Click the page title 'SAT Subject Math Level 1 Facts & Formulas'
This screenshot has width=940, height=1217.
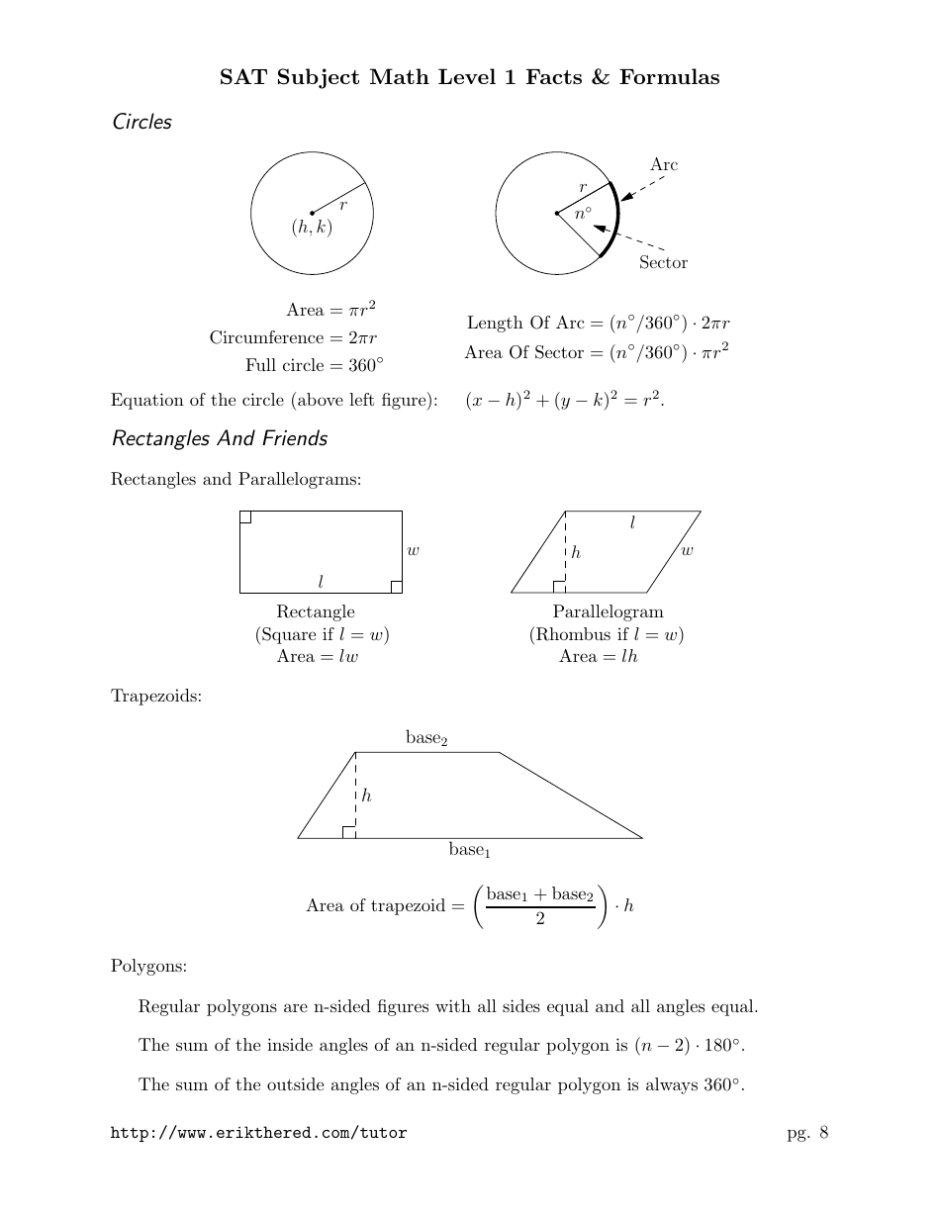469,77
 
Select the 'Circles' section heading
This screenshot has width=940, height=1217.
141,123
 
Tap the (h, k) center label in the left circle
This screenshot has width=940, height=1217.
311,228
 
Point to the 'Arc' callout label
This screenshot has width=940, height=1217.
664,164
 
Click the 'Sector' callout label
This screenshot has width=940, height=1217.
663,262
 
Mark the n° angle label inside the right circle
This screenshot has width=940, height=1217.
583,212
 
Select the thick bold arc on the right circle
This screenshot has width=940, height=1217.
617,218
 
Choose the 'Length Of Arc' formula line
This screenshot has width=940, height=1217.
598,323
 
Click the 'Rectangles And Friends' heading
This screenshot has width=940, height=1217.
219,437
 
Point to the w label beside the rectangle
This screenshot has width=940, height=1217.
414,550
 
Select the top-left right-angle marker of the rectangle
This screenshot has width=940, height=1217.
245,516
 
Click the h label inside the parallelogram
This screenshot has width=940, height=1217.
576,552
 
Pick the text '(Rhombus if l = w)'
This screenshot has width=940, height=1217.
607,634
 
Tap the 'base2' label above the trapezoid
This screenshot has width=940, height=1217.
426,738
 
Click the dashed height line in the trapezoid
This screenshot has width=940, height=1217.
355,792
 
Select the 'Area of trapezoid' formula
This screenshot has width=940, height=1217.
469,905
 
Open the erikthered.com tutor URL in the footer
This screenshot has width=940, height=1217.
258,1133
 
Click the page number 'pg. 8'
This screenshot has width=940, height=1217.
807,1133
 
